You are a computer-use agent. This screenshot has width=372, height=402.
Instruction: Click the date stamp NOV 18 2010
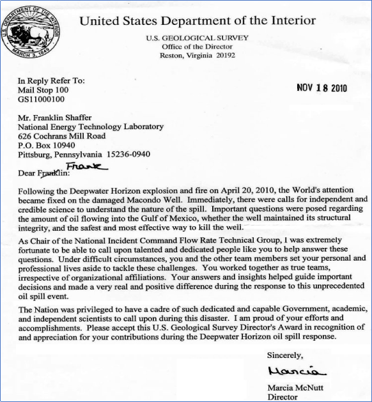click(x=322, y=88)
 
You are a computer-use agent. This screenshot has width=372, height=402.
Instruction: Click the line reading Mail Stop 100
click(x=43, y=90)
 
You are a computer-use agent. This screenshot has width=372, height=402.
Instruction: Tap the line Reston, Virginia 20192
click(x=198, y=55)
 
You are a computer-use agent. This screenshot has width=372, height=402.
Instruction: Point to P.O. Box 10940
click(x=48, y=144)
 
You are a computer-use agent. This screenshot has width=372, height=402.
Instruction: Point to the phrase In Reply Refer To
click(x=51, y=81)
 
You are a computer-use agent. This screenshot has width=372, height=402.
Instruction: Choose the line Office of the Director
click(x=198, y=46)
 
